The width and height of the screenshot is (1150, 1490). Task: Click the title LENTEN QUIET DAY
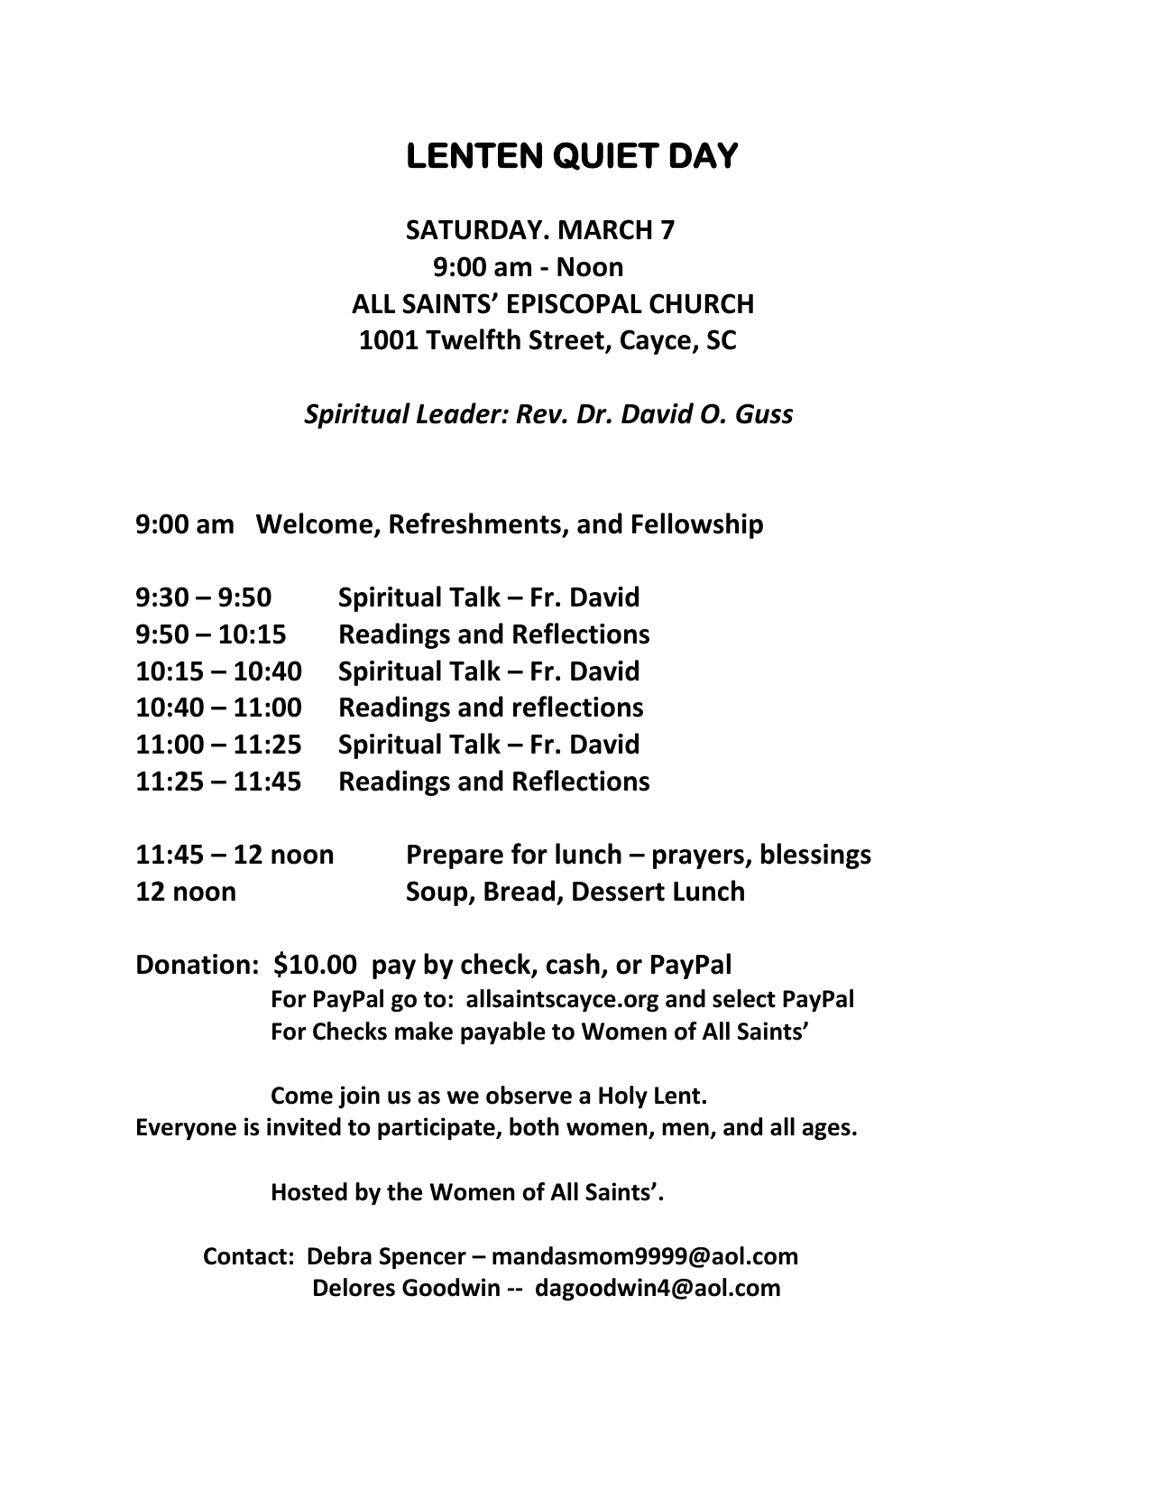coord(573,156)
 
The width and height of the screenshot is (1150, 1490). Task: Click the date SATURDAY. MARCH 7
coord(539,230)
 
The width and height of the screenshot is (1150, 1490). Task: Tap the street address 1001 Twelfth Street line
coord(547,340)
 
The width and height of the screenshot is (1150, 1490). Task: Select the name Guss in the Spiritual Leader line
coord(764,414)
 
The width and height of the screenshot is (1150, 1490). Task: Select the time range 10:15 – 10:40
coord(218,671)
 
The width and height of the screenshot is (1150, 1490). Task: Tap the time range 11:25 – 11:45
coord(218,782)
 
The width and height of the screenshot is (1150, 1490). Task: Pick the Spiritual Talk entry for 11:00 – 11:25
coord(488,745)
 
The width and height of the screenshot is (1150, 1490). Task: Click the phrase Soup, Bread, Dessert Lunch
coord(575,892)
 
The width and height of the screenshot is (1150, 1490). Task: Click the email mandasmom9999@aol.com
coord(645,1256)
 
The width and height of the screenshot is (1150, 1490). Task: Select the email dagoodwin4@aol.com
coord(658,1288)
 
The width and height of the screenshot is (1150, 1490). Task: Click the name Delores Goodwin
coord(405,1288)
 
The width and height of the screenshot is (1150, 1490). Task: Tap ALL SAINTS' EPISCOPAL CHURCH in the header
coord(552,304)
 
